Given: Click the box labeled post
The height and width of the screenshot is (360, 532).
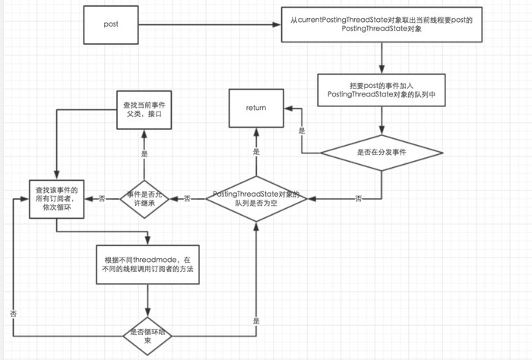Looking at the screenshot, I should click(110, 24).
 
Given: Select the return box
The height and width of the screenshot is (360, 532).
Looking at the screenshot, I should click(255, 108).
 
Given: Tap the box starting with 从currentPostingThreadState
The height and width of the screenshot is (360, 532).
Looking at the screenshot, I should click(381, 24).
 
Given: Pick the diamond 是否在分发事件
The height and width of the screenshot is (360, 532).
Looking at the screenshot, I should click(381, 152).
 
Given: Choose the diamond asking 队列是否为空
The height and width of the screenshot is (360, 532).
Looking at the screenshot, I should click(256, 199).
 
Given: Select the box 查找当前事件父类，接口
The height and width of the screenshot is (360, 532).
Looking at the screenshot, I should click(144, 108).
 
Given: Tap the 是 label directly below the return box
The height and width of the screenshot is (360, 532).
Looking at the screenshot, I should click(256, 152).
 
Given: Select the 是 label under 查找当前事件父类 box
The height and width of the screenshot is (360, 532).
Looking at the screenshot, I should click(144, 153).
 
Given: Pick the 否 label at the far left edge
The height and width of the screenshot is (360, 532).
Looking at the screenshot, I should click(13, 312).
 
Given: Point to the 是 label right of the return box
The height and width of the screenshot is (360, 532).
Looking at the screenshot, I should click(302, 131).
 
